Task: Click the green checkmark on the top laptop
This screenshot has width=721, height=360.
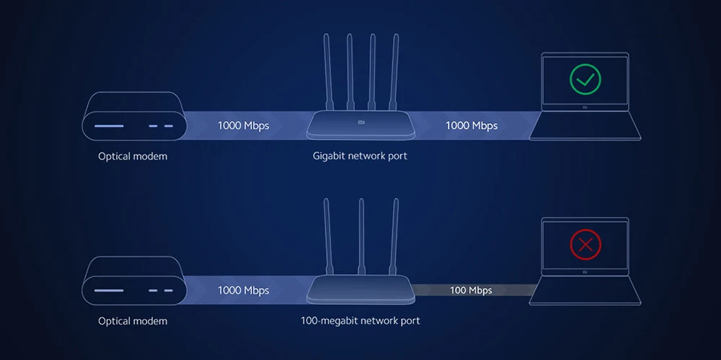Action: (585, 79)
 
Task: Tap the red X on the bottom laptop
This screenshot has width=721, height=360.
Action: (585, 245)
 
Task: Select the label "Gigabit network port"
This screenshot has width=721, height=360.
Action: (360, 156)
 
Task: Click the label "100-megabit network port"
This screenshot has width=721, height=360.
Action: (360, 320)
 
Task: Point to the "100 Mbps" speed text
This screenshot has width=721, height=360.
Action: (471, 290)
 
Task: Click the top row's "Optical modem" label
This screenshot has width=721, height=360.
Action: (133, 156)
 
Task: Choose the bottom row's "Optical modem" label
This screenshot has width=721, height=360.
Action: (133, 321)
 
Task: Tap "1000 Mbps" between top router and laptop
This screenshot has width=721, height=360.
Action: (472, 126)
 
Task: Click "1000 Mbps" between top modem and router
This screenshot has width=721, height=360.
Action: (244, 126)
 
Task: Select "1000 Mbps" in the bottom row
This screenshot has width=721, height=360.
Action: (244, 290)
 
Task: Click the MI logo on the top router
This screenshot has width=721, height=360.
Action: (361, 123)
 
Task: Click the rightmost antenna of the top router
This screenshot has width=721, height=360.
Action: (395, 72)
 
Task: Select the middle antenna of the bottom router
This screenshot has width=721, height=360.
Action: (360, 238)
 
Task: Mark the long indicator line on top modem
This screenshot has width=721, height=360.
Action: (109, 126)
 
